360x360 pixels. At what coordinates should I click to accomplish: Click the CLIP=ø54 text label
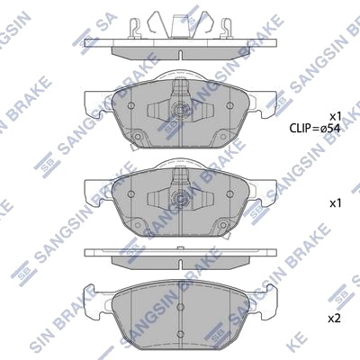click(315, 129)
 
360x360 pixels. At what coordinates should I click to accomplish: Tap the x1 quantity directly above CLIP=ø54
click(336, 116)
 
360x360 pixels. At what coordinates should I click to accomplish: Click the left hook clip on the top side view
click(135, 29)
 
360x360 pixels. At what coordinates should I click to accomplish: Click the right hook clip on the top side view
click(226, 29)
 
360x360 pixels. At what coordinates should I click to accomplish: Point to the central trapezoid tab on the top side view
click(180, 25)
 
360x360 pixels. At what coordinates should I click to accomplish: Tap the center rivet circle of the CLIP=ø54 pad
click(181, 109)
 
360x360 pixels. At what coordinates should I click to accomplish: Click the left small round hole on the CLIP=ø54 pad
click(130, 106)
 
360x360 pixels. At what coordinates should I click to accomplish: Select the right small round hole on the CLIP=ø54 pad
click(229, 105)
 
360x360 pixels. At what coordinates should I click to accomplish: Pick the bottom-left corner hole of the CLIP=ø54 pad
click(138, 137)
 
